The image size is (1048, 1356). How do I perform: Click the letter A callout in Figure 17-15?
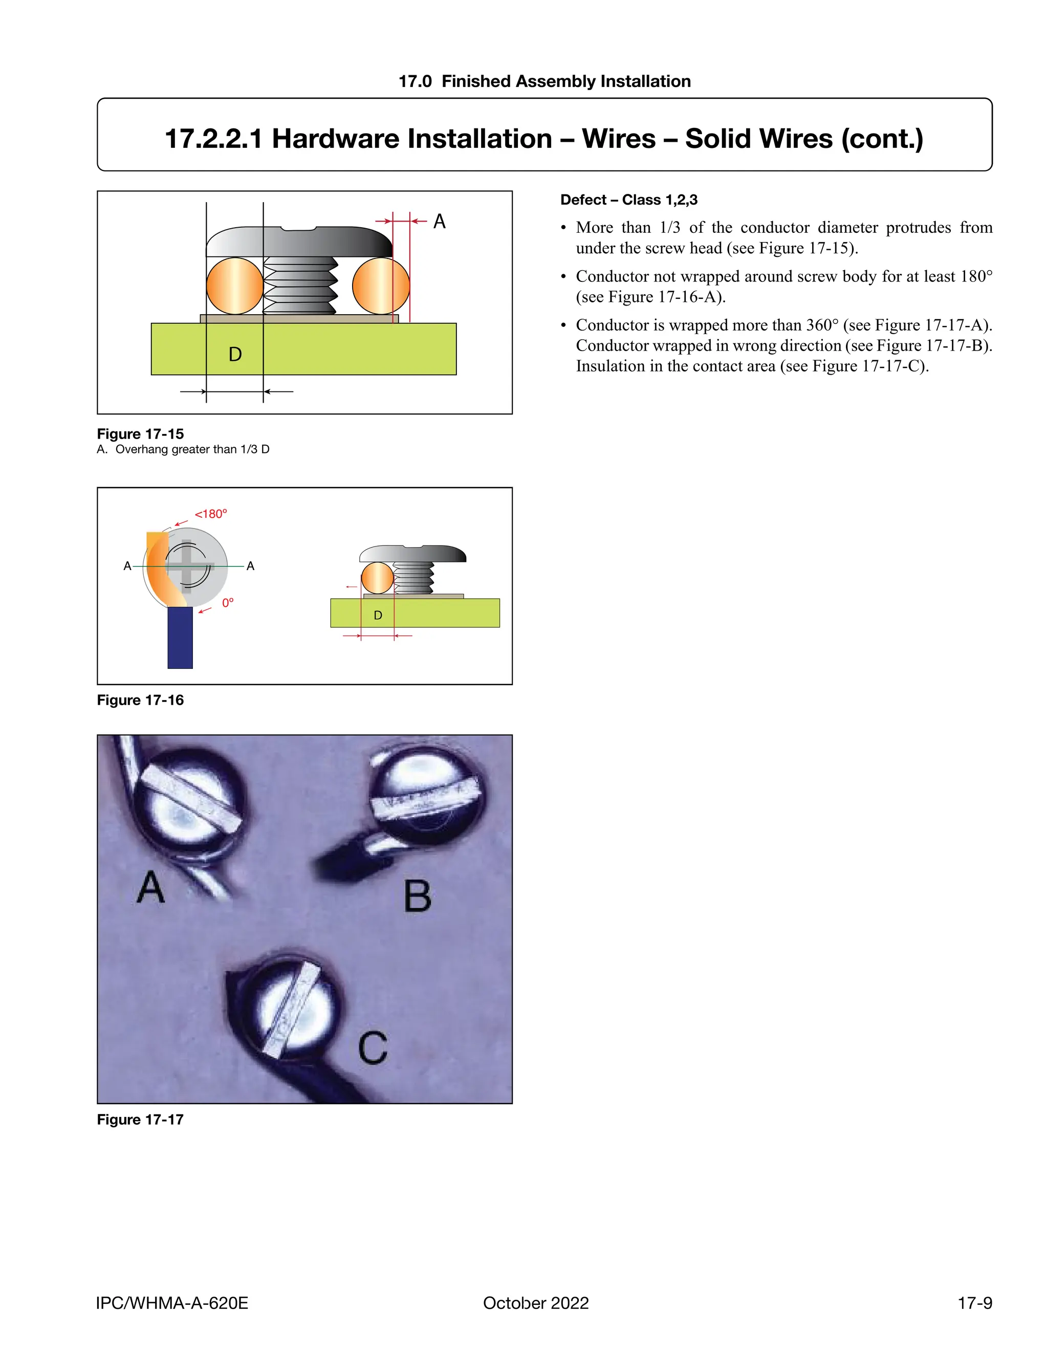point(439,222)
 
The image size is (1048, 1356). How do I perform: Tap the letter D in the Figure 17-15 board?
point(235,355)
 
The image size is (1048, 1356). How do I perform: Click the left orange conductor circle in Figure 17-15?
point(235,286)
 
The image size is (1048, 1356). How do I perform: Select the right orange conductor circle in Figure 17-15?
point(381,286)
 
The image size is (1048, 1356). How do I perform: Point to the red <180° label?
point(211,514)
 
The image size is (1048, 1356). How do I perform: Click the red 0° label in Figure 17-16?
point(228,603)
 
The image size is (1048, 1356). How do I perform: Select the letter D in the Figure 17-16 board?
point(378,615)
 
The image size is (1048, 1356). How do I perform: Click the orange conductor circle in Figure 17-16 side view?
point(377,578)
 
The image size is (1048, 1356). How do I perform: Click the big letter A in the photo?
point(151,888)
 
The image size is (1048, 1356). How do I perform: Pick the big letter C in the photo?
point(373,1048)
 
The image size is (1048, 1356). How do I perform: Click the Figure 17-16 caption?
point(140,701)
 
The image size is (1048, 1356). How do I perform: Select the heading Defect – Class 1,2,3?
point(628,200)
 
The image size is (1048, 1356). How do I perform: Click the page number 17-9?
point(974,1303)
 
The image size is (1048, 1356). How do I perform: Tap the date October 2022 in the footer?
point(535,1303)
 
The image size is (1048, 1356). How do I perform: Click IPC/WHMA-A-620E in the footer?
point(172,1303)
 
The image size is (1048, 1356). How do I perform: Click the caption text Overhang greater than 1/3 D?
point(192,449)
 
